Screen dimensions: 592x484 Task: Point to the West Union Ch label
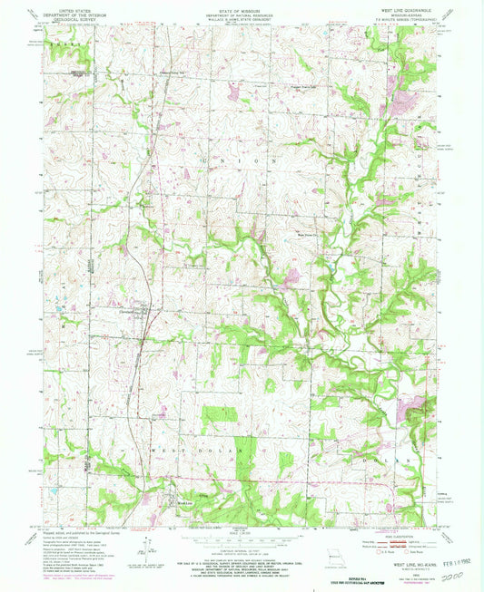(x=311, y=235)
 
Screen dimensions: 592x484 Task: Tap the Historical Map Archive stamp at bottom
(x=242, y=581)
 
